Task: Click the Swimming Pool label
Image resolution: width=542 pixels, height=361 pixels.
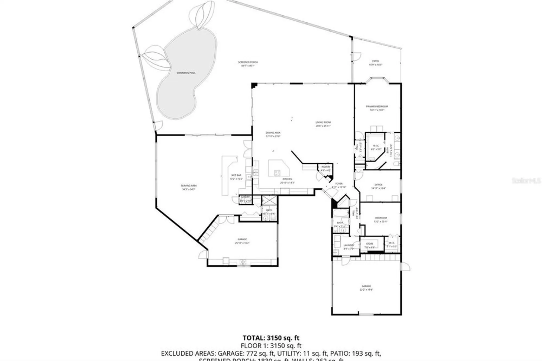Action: coord(186,73)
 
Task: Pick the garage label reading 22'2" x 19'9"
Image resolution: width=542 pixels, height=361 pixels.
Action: coord(366,288)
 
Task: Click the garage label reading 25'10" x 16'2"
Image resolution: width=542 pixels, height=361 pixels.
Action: coord(242,241)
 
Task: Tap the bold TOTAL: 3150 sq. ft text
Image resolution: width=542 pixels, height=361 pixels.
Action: coord(271,338)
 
